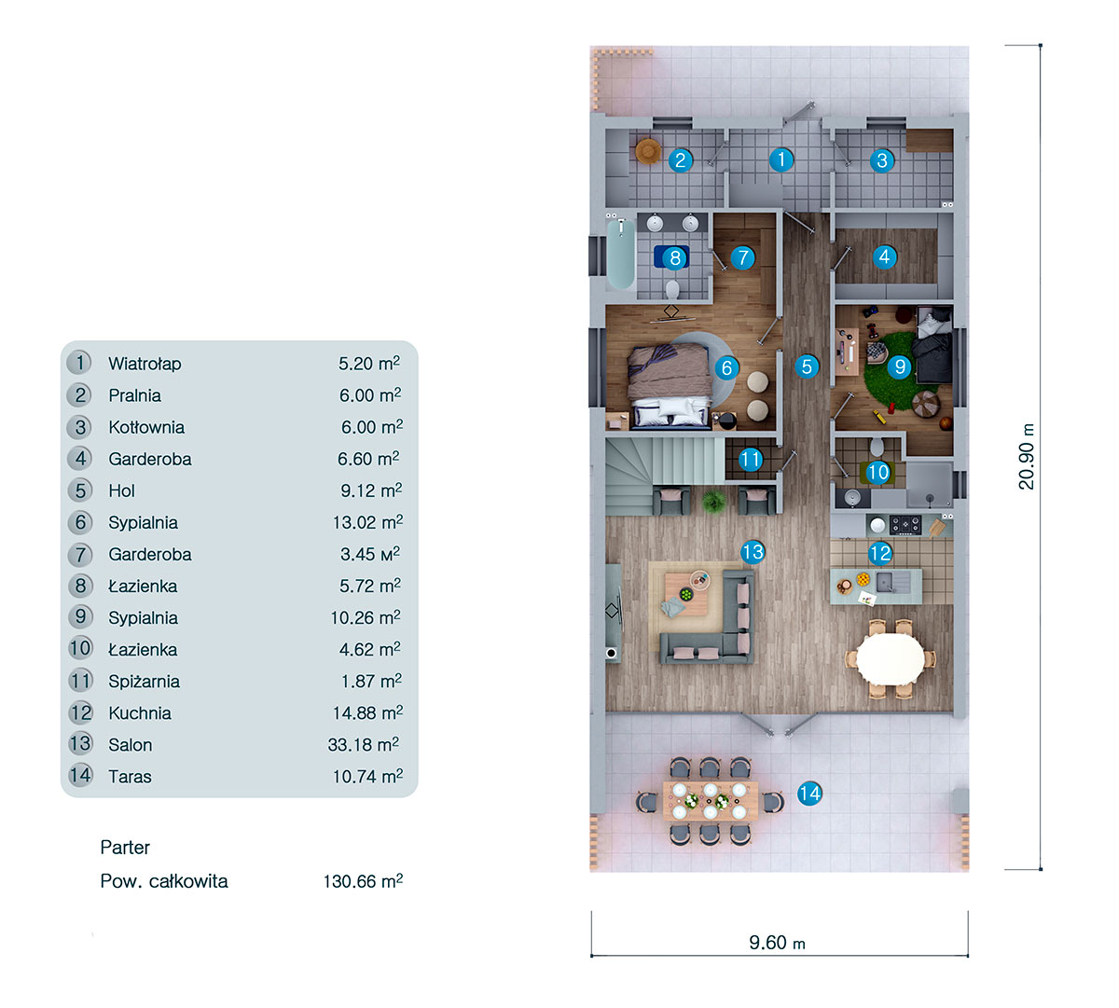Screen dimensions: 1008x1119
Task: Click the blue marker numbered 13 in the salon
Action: (x=753, y=552)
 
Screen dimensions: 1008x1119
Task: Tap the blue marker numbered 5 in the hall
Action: (x=808, y=366)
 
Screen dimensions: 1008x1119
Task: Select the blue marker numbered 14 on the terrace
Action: (x=809, y=794)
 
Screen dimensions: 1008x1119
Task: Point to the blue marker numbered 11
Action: (x=751, y=459)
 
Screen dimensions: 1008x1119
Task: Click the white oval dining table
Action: (x=891, y=658)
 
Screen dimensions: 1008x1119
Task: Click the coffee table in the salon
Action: (x=686, y=593)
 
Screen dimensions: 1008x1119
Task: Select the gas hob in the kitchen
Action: (x=905, y=525)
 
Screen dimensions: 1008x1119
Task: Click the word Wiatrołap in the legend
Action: (x=145, y=364)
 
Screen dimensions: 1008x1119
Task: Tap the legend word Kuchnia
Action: (x=140, y=713)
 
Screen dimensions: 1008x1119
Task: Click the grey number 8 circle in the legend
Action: (x=81, y=586)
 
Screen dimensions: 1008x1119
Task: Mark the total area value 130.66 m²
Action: (x=363, y=881)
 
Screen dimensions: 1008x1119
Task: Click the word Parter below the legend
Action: (x=125, y=848)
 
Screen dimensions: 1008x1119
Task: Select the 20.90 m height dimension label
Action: (x=1027, y=457)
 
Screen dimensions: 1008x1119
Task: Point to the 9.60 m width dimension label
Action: (x=777, y=943)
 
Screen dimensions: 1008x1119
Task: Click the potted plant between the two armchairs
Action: (x=713, y=503)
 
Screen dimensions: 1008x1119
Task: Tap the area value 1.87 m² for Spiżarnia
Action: (x=371, y=682)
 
